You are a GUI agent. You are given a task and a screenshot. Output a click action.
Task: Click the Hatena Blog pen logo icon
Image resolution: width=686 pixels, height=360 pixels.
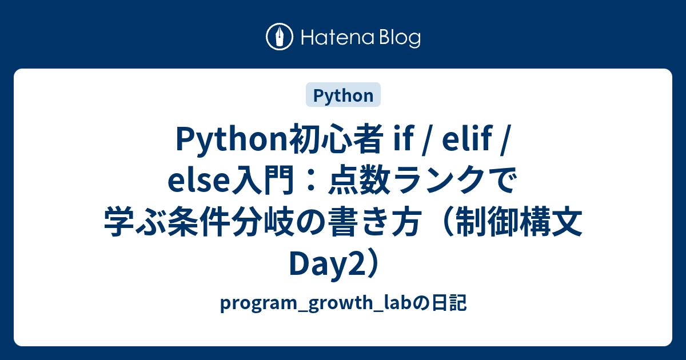(x=280, y=37)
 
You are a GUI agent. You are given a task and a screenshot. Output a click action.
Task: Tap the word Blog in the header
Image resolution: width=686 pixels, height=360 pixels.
(x=400, y=38)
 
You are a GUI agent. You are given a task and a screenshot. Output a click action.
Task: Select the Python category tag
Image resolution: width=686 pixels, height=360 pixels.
(x=343, y=95)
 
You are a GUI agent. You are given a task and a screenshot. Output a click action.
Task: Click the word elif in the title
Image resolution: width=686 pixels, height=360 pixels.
(x=464, y=139)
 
